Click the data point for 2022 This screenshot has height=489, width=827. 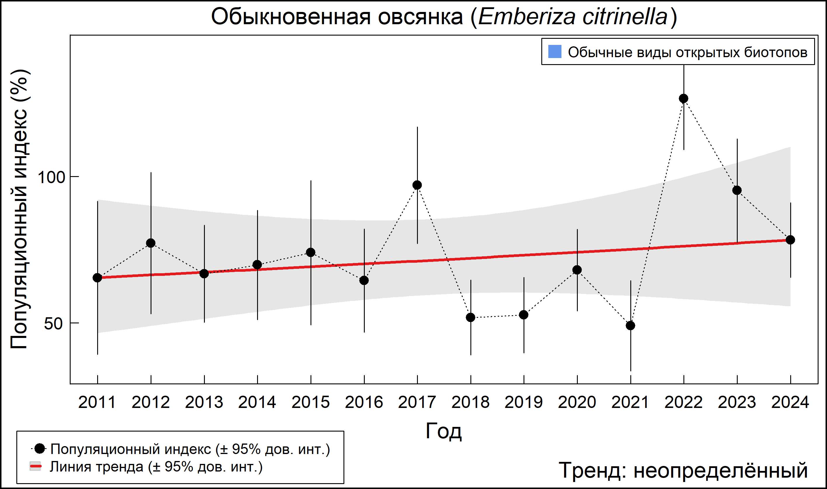(x=683, y=99)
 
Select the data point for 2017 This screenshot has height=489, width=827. (x=417, y=185)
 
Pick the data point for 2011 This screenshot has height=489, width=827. (x=97, y=278)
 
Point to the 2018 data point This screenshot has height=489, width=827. (x=470, y=318)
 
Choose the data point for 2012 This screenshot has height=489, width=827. (x=151, y=243)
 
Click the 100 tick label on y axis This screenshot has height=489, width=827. (x=51, y=177)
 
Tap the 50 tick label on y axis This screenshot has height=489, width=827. (x=53, y=324)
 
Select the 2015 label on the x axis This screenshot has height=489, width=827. (x=310, y=402)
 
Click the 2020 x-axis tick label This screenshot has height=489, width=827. (x=577, y=402)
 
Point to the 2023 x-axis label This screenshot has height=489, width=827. (x=737, y=402)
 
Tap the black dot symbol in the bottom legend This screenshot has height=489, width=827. (x=40, y=448)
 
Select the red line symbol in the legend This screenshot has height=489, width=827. (x=35, y=467)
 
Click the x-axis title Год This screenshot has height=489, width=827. (x=444, y=431)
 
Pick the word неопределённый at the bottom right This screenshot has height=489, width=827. (x=720, y=470)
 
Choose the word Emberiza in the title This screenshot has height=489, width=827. (x=527, y=17)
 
